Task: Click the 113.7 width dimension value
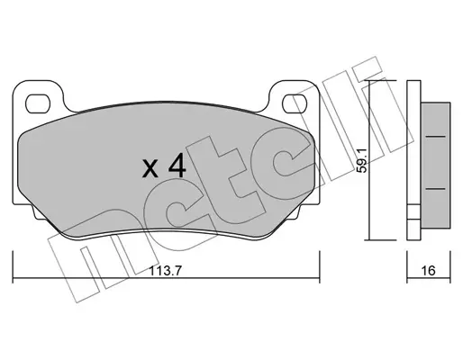click(x=165, y=272)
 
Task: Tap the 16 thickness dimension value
click(x=428, y=271)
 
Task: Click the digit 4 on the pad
click(x=177, y=167)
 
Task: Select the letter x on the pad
click(x=150, y=169)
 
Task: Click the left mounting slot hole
click(x=38, y=103)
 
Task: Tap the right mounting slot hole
click(x=295, y=103)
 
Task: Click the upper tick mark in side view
click(x=436, y=137)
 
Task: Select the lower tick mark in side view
click(x=436, y=189)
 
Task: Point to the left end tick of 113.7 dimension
click(x=13, y=267)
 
